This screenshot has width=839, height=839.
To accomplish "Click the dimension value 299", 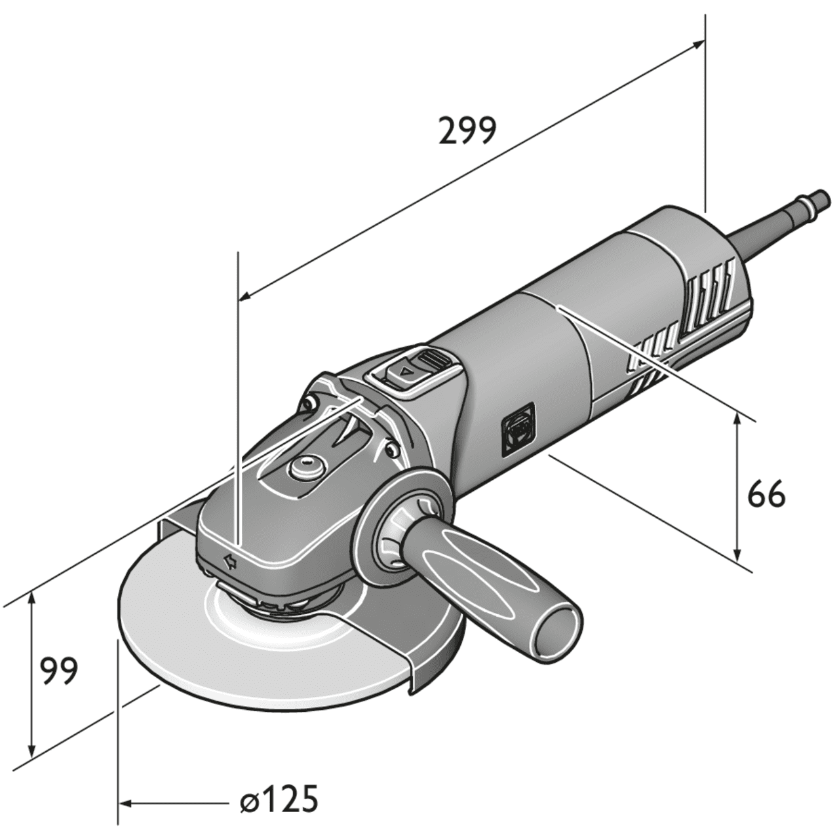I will (467, 131).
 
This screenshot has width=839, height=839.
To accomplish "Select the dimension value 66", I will (766, 496).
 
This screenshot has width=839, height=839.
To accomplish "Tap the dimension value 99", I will (58, 670).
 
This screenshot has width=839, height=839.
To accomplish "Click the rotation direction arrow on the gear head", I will (229, 560).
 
